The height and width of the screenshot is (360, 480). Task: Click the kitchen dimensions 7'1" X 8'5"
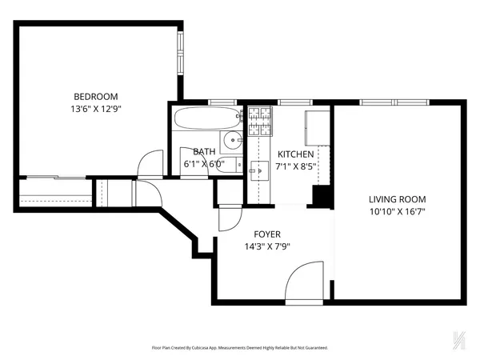[296, 167]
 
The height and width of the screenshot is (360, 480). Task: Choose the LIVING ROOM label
[397, 199]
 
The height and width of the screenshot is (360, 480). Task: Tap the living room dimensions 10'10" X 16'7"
[397, 213]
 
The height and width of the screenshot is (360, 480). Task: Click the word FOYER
[267, 234]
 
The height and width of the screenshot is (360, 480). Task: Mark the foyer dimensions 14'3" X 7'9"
[267, 246]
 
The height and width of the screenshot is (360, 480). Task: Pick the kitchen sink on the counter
[258, 168]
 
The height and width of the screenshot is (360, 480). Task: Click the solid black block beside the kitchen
[322, 196]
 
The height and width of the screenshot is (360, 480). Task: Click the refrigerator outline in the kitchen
[317, 124]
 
